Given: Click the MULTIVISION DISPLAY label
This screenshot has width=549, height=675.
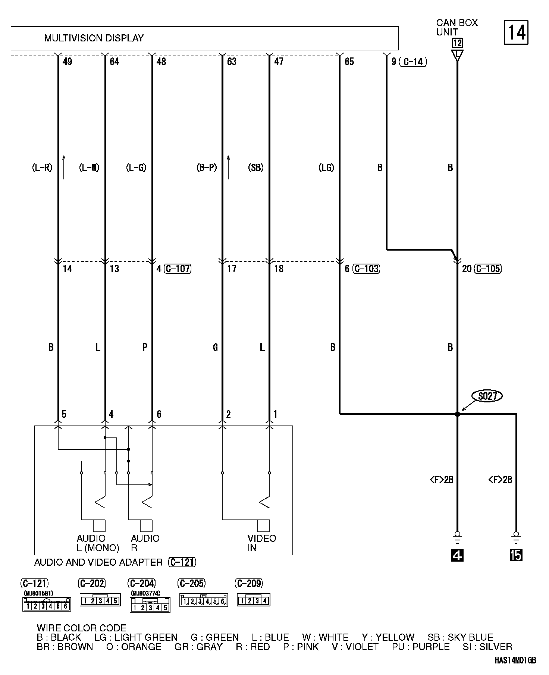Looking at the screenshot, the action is tap(94, 38).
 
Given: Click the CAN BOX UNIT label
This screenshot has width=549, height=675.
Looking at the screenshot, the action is tap(457, 28).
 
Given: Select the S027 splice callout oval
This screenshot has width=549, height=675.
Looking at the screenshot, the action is tap(487, 396).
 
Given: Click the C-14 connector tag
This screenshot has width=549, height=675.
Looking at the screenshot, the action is tap(413, 62).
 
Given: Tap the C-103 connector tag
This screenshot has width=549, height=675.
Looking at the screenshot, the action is tap(366, 269).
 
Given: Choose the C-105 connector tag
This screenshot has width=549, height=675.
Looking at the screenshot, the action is tap(488, 269).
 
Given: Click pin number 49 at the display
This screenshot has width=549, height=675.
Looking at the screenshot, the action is tap(67, 62).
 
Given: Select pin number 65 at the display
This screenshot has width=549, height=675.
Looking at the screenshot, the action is tap(349, 62).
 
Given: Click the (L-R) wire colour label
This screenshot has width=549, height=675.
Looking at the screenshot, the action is tap(42, 168).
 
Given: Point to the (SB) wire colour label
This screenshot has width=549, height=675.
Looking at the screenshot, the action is tap(255, 168).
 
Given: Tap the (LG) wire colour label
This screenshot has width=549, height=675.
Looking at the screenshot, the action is tap(326, 168).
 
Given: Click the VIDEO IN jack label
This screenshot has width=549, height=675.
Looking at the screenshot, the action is tap(261, 543).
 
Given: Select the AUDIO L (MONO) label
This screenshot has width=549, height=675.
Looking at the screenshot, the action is tap(98, 543).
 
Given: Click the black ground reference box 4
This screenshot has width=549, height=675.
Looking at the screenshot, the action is tap(457, 555).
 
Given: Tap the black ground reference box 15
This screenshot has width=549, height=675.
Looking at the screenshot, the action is tap(516, 555).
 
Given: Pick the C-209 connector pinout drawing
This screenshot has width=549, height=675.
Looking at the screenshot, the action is tap(254, 600).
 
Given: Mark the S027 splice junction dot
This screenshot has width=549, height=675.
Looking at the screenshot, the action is tap(457, 414).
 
